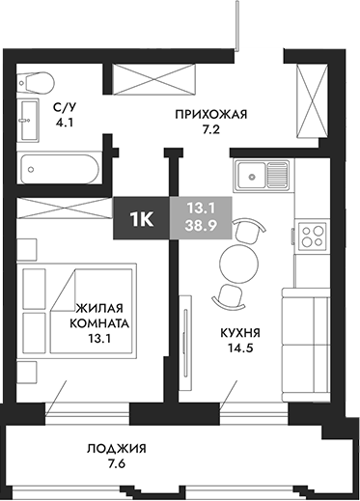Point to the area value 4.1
pyautogui.click(x=65, y=124)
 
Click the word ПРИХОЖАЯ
pyautogui.click(x=211, y=114)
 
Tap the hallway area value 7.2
pyautogui.click(x=211, y=128)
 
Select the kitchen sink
pyautogui.click(x=263, y=177)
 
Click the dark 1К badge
pyautogui.click(x=141, y=219)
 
